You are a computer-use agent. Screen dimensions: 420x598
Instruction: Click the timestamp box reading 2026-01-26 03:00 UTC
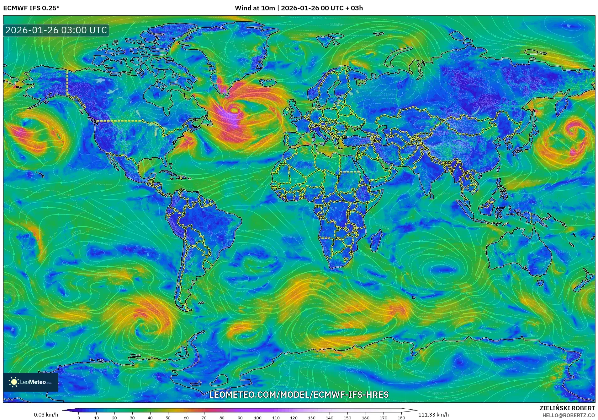click(56, 30)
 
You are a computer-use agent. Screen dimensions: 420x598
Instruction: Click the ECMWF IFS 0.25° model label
click(31, 8)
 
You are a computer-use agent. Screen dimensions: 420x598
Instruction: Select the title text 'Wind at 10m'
click(255, 8)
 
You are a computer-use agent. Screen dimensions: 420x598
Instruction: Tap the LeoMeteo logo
click(31, 382)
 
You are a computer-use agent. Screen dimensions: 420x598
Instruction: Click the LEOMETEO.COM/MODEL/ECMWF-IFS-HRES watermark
click(299, 395)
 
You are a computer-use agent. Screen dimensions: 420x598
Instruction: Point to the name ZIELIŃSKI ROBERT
click(567, 408)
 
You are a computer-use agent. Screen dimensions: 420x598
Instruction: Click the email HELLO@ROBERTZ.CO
click(569, 415)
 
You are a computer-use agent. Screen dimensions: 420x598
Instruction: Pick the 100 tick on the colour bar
click(258, 418)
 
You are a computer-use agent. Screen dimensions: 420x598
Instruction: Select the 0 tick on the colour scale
click(79, 418)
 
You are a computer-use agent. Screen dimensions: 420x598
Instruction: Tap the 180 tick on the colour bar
click(401, 418)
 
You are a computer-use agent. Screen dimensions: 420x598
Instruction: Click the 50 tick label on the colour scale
click(168, 418)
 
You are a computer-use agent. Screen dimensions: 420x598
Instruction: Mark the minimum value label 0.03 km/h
click(46, 415)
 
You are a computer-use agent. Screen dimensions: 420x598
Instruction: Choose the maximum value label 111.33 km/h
click(433, 415)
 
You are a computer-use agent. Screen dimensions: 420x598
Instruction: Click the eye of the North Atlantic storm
click(234, 110)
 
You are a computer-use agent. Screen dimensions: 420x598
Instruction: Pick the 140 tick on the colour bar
click(330, 418)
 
